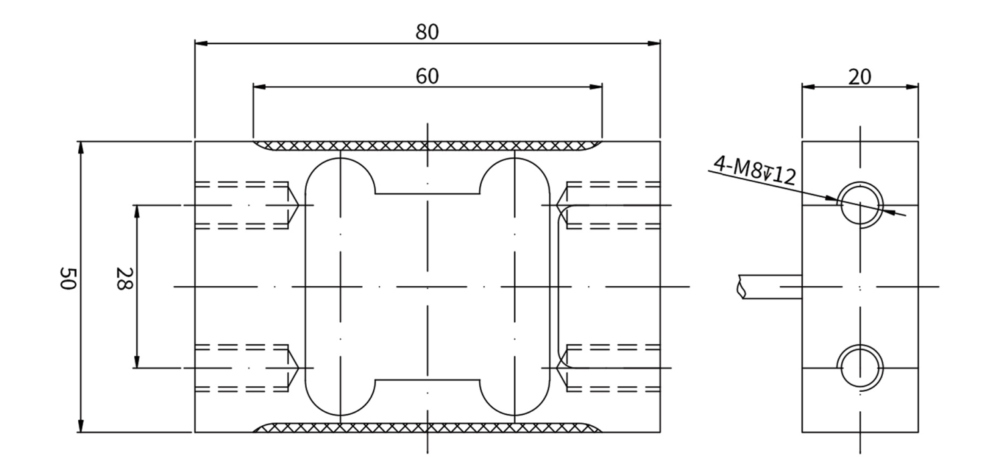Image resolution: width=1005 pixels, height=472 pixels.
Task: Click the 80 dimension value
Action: click(427, 32)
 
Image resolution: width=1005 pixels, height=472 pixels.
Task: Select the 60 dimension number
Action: click(427, 76)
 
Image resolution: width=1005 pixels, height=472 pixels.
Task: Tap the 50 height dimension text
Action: click(68, 278)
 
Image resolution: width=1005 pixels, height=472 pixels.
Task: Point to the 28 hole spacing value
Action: click(124, 278)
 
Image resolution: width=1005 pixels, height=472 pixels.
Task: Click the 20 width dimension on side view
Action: click(859, 77)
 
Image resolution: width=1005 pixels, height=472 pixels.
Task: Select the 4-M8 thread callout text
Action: click(754, 170)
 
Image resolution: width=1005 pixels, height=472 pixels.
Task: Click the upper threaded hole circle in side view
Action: click(860, 205)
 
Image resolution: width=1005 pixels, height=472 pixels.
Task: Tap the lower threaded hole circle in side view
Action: click(860, 368)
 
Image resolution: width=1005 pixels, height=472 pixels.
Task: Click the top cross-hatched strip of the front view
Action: click(427, 146)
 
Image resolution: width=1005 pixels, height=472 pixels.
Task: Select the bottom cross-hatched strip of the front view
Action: click(427, 427)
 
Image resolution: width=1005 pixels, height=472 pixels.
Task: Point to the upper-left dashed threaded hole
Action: click(247, 205)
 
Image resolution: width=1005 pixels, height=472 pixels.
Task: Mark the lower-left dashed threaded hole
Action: click(247, 368)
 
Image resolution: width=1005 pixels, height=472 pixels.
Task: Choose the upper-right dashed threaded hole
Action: click(608, 205)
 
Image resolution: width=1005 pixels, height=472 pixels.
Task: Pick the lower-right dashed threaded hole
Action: click(608, 368)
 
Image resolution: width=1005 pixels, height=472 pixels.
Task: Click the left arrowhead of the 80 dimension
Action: click(201, 43)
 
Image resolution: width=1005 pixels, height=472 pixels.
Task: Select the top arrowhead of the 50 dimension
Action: click(81, 148)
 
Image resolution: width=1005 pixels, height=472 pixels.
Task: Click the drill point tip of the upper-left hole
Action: click(298, 205)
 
